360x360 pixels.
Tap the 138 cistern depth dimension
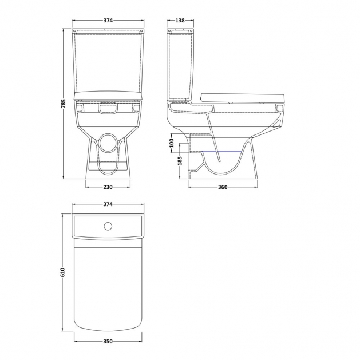click(180, 21)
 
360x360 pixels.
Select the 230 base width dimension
click(108, 187)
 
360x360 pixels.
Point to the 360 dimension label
click(223, 187)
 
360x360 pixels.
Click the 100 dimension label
click(172, 143)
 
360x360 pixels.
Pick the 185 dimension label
click(180, 161)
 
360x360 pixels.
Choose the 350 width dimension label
click(108, 342)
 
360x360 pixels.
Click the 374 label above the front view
click(108, 21)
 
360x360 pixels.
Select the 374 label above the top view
click(108, 204)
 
